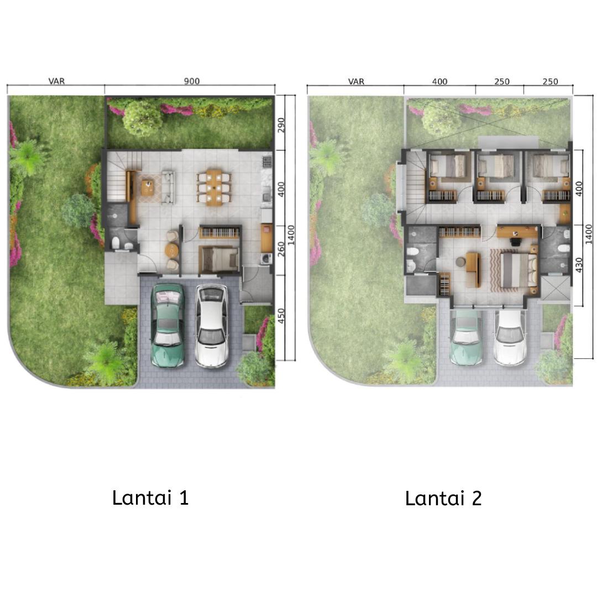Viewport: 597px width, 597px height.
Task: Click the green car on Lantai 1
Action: click(167, 326)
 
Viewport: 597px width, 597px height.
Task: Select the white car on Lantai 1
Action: click(212, 326)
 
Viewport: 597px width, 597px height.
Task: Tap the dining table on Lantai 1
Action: click(214, 187)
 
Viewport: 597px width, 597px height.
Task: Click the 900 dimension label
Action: click(191, 81)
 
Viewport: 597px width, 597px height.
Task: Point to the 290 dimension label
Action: click(281, 125)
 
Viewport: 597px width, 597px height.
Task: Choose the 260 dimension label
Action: click(281, 249)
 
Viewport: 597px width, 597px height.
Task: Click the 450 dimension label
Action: click(281, 316)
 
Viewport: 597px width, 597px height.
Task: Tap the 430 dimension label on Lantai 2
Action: click(579, 265)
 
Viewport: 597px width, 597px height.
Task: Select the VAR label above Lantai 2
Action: click(356, 81)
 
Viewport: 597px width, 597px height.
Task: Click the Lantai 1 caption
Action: click(150, 498)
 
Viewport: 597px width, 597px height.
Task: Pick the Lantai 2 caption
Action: click(443, 498)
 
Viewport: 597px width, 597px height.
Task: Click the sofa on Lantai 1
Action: click(168, 187)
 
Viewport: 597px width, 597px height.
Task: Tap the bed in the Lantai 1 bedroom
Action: click(219, 260)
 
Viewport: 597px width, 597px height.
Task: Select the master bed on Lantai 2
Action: click(518, 270)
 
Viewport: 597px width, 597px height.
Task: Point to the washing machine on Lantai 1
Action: click(266, 259)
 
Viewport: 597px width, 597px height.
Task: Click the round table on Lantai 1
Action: click(172, 249)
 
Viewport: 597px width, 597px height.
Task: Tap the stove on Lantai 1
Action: click(267, 161)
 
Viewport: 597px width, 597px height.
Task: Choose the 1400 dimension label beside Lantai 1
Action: click(291, 235)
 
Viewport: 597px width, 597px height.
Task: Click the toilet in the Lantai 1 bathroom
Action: click(116, 242)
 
